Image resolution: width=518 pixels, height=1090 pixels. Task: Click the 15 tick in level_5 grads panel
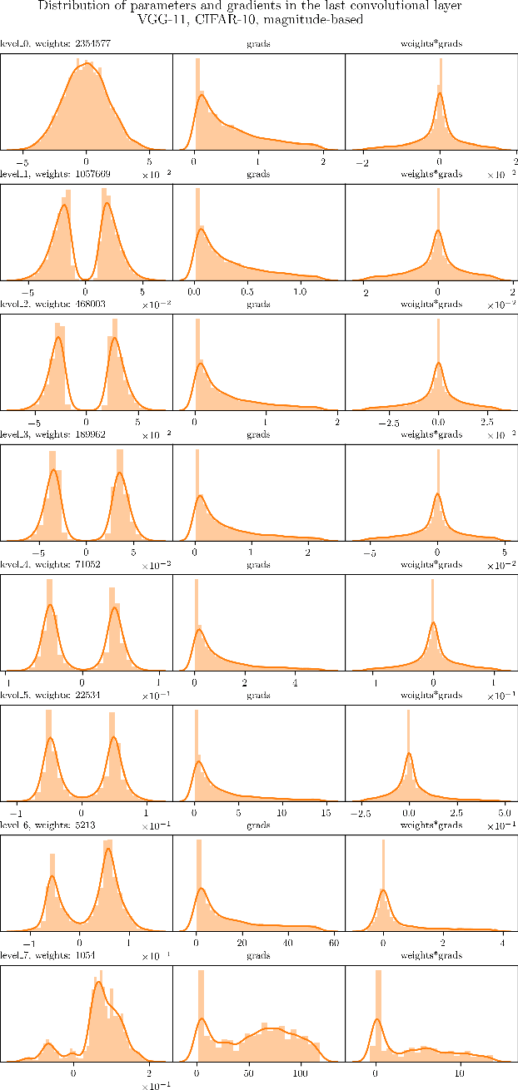point(326,812)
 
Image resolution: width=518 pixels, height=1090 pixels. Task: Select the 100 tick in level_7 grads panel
point(301,1073)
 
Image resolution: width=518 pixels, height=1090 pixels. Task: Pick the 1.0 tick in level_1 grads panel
point(301,292)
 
